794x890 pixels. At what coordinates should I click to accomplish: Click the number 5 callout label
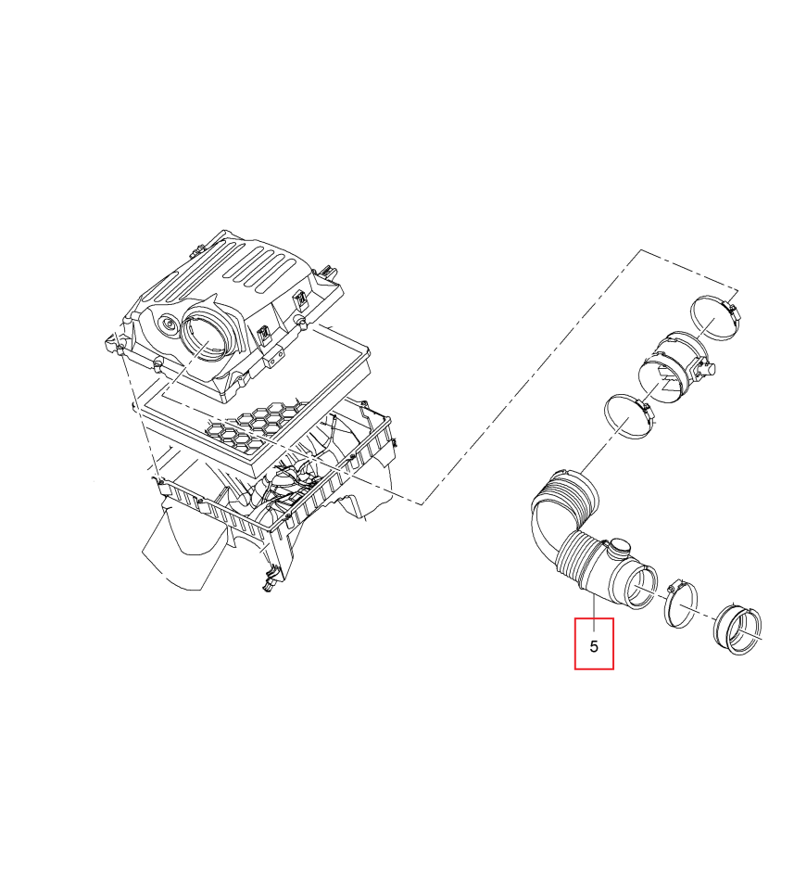594,646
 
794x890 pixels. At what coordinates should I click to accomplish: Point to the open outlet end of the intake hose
642,586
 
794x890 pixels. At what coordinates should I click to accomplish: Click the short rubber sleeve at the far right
737,630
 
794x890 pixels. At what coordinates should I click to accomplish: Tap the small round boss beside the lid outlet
169,324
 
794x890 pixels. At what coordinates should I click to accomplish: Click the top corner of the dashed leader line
641,249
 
